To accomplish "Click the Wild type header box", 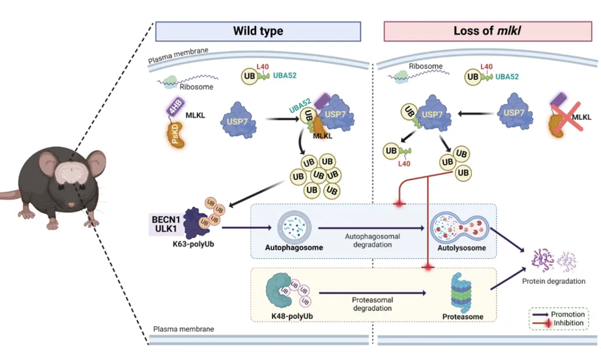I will click(x=257, y=31).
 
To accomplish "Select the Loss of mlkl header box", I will click(x=488, y=31).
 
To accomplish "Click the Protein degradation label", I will click(x=553, y=281).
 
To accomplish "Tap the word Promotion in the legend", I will click(x=568, y=314).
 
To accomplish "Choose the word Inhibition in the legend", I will click(x=567, y=323).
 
